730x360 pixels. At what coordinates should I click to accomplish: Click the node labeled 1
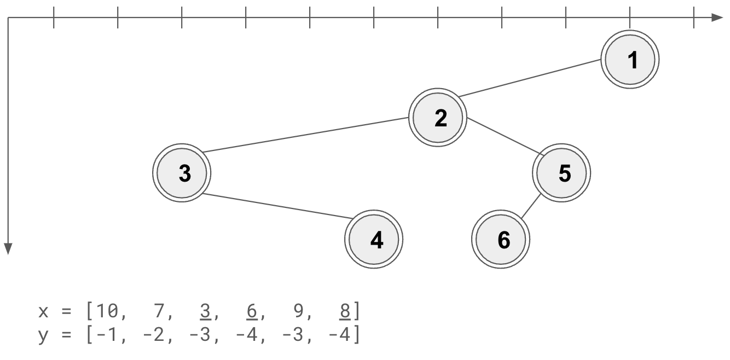(630, 60)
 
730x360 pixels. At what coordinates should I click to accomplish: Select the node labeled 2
(438, 118)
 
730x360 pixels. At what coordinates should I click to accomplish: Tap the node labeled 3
(181, 173)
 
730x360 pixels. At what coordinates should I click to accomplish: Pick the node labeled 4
(374, 240)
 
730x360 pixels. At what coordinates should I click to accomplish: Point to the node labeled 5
(561, 173)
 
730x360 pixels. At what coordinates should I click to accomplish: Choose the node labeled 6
(501, 240)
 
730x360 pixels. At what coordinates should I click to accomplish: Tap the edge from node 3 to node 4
(276, 206)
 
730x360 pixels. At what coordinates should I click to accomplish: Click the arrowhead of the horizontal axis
(717, 18)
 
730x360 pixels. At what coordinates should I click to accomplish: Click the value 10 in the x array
(104, 312)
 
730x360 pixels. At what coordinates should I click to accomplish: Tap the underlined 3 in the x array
(205, 312)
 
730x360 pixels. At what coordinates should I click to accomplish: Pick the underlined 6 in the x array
(252, 312)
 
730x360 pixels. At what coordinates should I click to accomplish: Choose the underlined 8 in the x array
(345, 312)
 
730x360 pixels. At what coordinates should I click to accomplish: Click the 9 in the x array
(299, 312)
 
